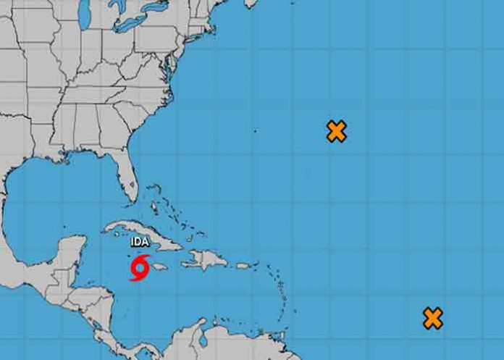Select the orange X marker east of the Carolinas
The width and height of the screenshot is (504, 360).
click(x=336, y=131)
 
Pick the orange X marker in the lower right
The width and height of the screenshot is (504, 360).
click(x=433, y=318)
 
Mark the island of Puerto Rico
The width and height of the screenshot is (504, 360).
click(x=243, y=266)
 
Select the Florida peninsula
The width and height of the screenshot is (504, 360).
click(x=130, y=180)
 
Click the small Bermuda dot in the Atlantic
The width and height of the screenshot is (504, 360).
click(x=255, y=131)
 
